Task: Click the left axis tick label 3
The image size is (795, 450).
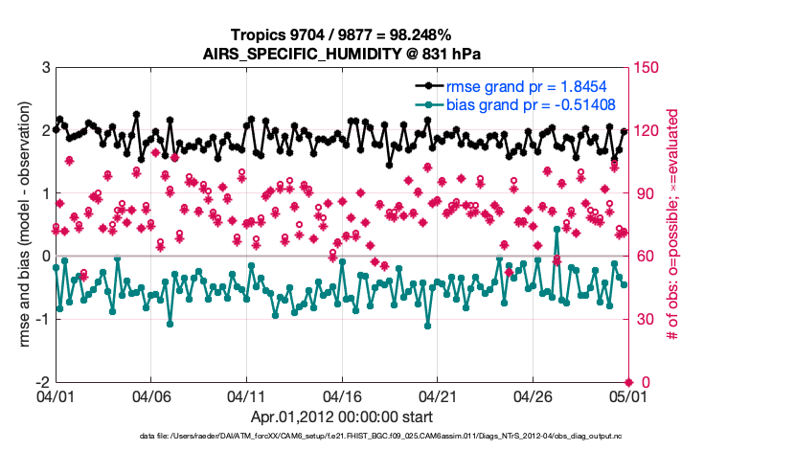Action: [x=45, y=68]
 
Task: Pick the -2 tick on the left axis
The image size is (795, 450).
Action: [x=42, y=382]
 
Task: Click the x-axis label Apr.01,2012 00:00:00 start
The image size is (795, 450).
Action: [x=342, y=417]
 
